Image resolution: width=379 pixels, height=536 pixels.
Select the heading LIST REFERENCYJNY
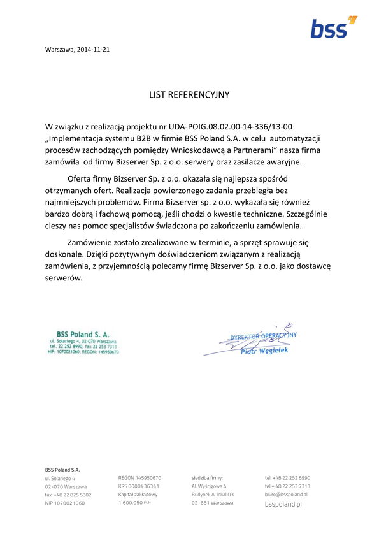[x=189, y=94]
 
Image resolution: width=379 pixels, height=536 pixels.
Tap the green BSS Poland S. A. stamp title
[x=83, y=333]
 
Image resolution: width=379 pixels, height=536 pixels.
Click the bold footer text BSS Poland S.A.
[x=62, y=470]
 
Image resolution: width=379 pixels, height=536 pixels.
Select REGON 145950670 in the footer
[x=139, y=477]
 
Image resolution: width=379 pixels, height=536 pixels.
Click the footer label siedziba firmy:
[x=207, y=477]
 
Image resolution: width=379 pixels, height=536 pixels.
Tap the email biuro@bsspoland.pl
[x=286, y=494]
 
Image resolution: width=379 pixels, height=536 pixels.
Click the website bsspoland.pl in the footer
[x=283, y=503]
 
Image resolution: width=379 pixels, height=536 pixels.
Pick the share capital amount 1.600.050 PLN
[x=134, y=502]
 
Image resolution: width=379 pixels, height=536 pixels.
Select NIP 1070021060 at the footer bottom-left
[x=65, y=503]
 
